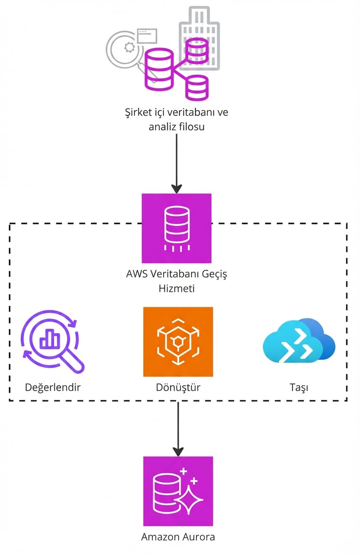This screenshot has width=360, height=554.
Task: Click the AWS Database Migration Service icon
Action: [177, 228]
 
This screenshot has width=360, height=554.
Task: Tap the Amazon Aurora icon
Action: [178, 491]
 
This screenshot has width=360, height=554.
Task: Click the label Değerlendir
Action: [52, 387]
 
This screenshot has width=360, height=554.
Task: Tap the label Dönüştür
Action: [178, 387]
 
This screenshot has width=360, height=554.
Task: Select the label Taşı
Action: [299, 387]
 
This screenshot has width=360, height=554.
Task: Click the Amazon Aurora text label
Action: [178, 537]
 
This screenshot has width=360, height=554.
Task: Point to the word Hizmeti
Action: [177, 288]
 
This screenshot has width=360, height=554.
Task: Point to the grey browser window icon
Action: [147, 35]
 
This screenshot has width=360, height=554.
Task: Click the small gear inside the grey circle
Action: [129, 48]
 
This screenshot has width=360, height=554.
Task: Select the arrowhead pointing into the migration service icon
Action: [177, 189]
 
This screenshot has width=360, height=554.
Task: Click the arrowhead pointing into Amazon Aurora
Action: [178, 451]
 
